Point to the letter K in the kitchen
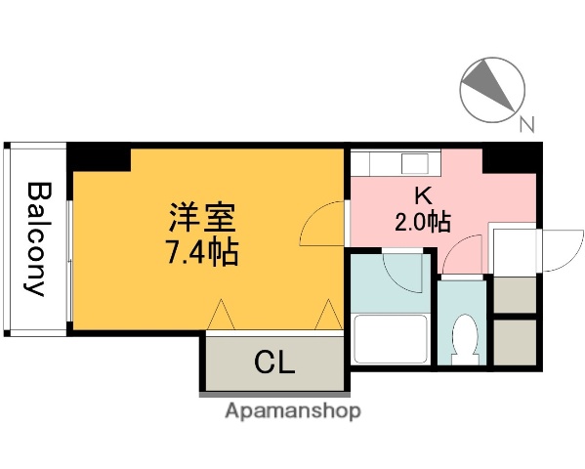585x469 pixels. point(422,193)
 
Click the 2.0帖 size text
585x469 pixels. point(422,222)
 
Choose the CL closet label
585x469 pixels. point(274,362)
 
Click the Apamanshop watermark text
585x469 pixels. point(292,411)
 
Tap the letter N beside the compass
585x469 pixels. point(527,124)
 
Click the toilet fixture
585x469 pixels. point(464,338)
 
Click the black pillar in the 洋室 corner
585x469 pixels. point(98,156)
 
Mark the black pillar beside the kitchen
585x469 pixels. point(512,155)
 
